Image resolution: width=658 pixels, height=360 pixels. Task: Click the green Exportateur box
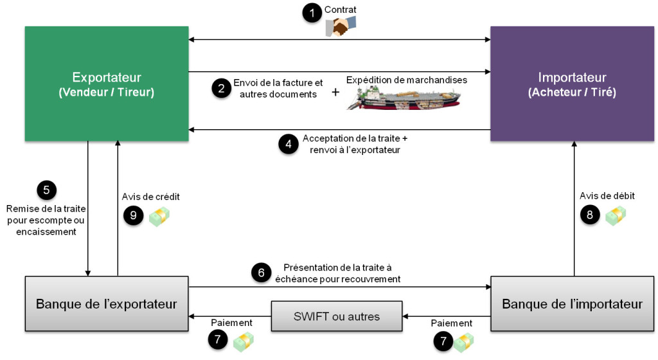pyautogui.click(x=106, y=84)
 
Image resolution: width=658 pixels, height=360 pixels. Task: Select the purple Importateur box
pyautogui.click(x=571, y=84)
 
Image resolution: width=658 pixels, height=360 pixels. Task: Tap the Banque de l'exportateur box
pyautogui.click(x=106, y=303)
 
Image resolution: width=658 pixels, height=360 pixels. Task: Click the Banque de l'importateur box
pyautogui.click(x=572, y=303)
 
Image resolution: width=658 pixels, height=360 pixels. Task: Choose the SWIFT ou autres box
pyautogui.click(x=337, y=316)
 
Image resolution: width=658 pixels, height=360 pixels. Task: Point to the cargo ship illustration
pyautogui.click(x=403, y=97)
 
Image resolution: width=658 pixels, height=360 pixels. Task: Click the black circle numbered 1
pyautogui.click(x=312, y=13)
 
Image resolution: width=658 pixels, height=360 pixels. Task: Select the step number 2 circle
pyautogui.click(x=222, y=89)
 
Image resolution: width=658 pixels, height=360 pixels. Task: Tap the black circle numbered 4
pyautogui.click(x=289, y=144)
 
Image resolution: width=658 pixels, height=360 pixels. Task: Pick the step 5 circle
pyautogui.click(x=46, y=190)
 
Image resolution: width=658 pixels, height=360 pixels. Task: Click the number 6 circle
pyautogui.click(x=261, y=273)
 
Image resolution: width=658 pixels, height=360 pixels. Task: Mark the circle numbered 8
pyautogui.click(x=590, y=215)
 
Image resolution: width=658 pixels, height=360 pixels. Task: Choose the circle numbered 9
pyautogui.click(x=133, y=215)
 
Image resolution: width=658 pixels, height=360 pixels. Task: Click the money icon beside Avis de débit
pyautogui.click(x=615, y=216)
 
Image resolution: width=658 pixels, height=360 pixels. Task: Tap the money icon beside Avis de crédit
pyautogui.click(x=158, y=217)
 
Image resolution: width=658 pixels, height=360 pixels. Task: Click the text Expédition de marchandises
pyautogui.click(x=406, y=80)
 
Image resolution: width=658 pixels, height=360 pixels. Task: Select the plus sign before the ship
pyautogui.click(x=335, y=93)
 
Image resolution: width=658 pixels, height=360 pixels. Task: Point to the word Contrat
pyautogui.click(x=341, y=10)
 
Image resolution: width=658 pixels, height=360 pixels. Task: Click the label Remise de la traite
pyautogui.click(x=46, y=208)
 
